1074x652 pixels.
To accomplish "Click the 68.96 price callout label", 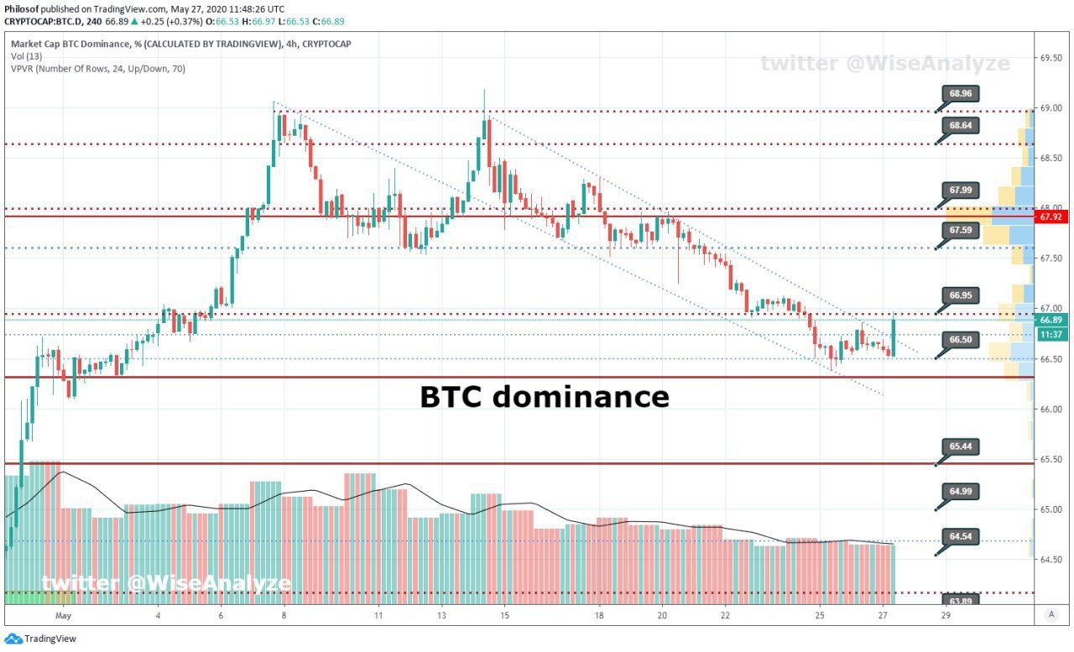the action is click(x=961, y=93).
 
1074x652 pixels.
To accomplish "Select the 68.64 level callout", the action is click(x=961, y=126).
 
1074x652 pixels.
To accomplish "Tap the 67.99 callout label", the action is click(x=961, y=190).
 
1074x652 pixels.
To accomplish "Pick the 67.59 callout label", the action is click(x=961, y=230).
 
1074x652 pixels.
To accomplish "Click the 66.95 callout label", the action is click(x=961, y=295).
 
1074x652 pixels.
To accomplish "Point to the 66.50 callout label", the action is click(x=961, y=340).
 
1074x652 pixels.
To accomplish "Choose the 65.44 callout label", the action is click(x=961, y=446).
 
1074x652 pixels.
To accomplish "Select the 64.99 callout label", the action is click(x=961, y=492).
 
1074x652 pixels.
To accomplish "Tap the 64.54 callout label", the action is click(x=961, y=536).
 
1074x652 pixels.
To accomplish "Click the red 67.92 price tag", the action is click(x=1051, y=217).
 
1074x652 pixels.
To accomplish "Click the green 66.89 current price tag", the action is click(x=1051, y=321).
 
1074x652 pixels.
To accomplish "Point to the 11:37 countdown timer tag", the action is click(x=1051, y=335).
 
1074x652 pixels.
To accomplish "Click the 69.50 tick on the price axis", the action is click(x=1051, y=58).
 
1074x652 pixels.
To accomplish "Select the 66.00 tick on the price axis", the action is click(x=1051, y=409).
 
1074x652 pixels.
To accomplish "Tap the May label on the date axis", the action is click(x=63, y=616).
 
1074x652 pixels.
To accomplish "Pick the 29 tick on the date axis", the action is click(x=946, y=616).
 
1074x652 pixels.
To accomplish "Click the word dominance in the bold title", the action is click(x=581, y=398).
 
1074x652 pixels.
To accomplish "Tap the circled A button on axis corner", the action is click(x=1051, y=614).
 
